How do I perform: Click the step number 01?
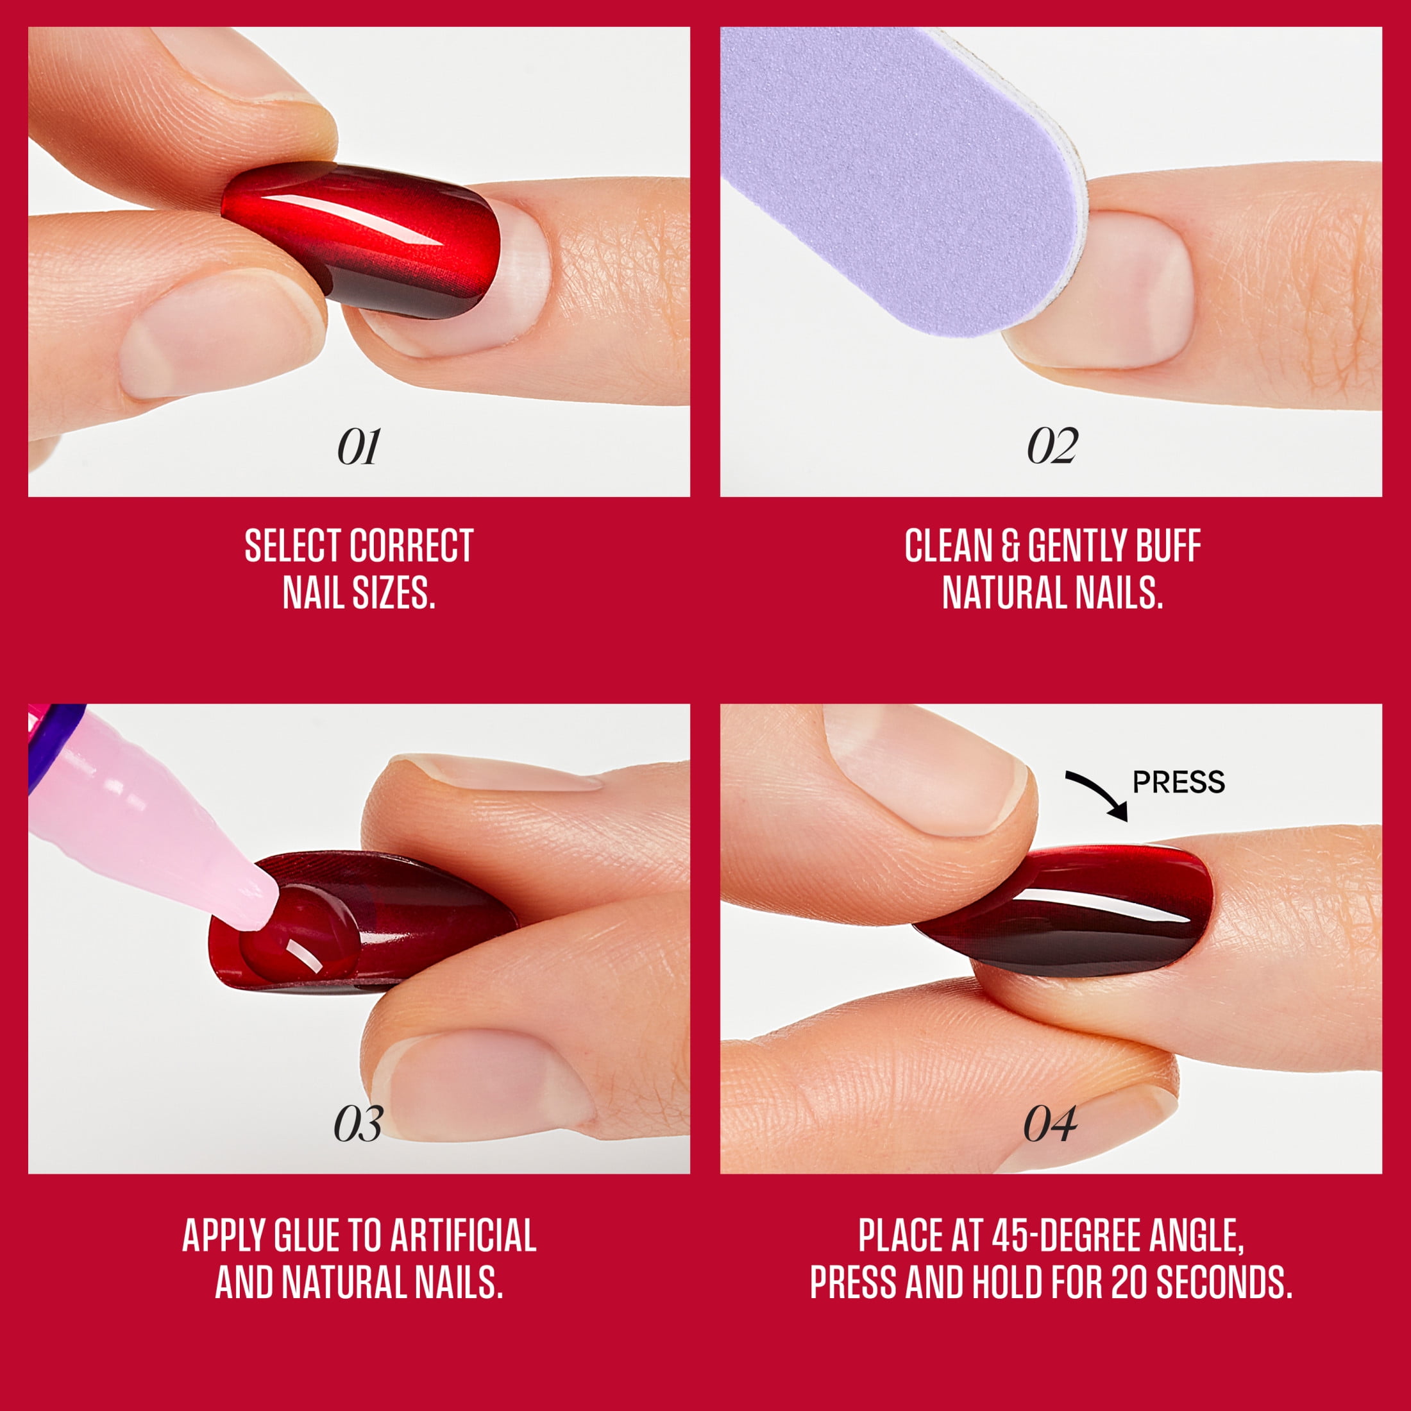pyautogui.click(x=359, y=447)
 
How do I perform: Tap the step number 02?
pyautogui.click(x=1052, y=446)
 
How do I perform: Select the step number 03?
pyautogui.click(x=358, y=1124)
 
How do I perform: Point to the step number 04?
pyautogui.click(x=1049, y=1124)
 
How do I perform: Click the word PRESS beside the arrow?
pyautogui.click(x=1179, y=783)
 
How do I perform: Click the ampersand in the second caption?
pyautogui.click(x=1011, y=546)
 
